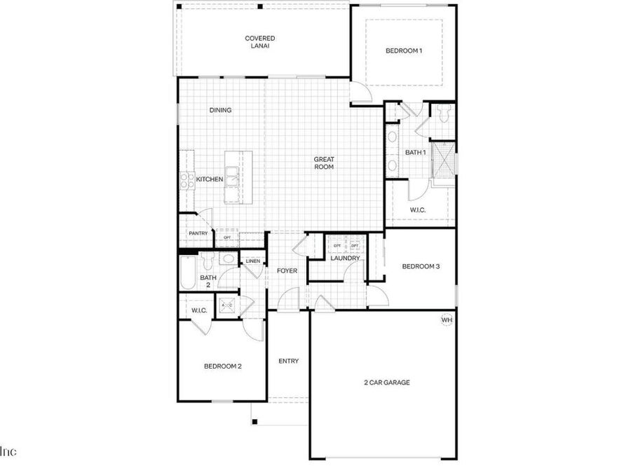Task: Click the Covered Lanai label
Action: point(259,42)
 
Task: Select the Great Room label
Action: point(323,163)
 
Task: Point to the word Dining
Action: point(220,110)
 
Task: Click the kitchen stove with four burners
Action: point(186,181)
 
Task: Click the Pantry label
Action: point(198,233)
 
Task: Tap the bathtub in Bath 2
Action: point(187,273)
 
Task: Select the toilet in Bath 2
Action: point(208,261)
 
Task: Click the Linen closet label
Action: point(252,262)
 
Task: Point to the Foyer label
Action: point(287,270)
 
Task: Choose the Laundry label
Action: point(346,258)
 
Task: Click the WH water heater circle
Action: point(447,320)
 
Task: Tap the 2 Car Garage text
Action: point(386,383)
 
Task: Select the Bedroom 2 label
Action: point(223,366)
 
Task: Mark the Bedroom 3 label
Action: point(421,266)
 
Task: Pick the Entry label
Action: point(288,361)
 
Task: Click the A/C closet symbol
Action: point(226,305)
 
